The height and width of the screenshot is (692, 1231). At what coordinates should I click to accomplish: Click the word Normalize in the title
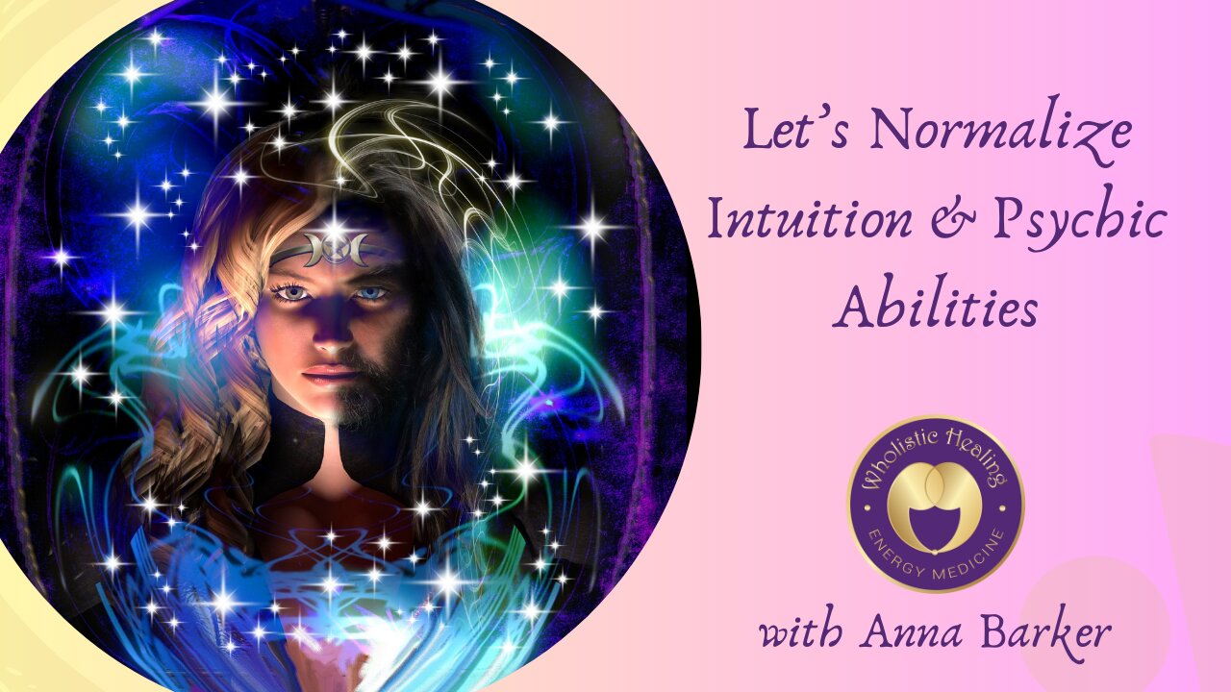(x=1001, y=131)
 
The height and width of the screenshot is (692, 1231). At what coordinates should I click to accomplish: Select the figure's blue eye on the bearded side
(x=371, y=293)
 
